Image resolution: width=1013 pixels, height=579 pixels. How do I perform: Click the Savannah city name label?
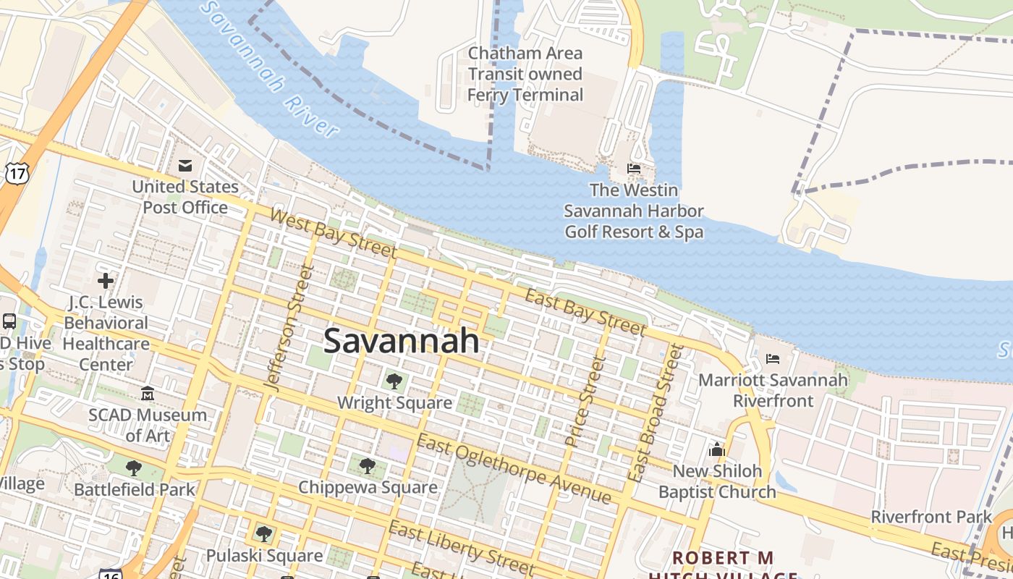click(401, 340)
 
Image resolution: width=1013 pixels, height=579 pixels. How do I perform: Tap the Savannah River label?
click(271, 69)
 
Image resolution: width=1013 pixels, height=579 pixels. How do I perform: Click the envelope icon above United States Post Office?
click(185, 166)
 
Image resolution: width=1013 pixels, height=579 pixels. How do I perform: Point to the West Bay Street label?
click(334, 233)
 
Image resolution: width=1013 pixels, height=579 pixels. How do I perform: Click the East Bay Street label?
click(584, 312)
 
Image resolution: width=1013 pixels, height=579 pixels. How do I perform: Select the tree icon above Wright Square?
click(394, 381)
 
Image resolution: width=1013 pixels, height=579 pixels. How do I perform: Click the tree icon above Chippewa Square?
click(368, 465)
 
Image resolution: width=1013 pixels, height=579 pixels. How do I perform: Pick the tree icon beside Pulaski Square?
click(264, 534)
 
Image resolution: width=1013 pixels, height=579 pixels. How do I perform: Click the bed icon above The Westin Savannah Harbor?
click(634, 169)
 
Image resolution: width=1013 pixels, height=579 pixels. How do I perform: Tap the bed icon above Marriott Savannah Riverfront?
click(773, 358)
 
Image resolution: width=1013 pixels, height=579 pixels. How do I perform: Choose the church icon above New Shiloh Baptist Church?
click(717, 449)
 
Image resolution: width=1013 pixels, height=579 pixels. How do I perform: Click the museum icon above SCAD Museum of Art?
click(148, 394)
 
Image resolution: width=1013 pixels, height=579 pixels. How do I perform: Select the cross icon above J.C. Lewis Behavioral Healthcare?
click(106, 280)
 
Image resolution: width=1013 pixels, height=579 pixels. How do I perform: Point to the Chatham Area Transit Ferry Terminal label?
click(525, 74)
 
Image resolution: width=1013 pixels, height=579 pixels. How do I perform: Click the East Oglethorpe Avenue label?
click(514, 470)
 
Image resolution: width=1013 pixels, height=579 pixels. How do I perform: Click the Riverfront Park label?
click(931, 517)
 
